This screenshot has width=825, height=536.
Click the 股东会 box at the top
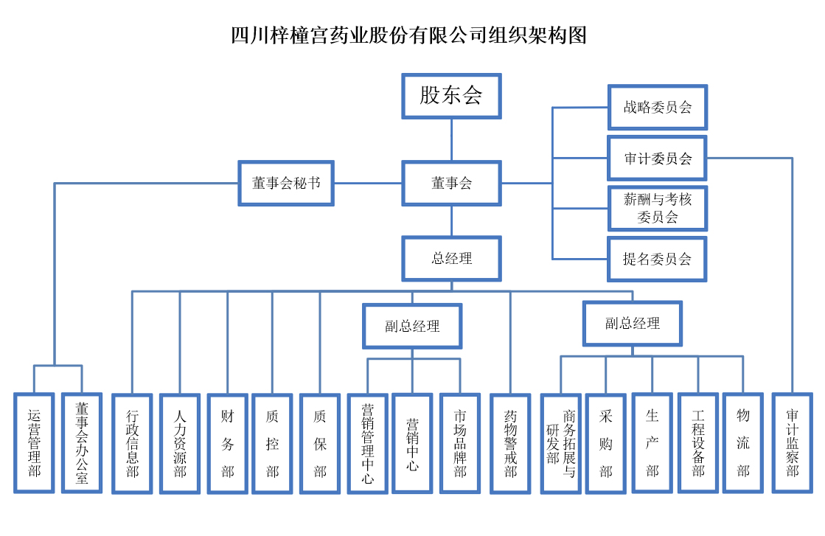[x=451, y=95]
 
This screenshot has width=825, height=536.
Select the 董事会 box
[x=451, y=183]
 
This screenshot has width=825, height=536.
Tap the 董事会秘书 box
[x=286, y=183]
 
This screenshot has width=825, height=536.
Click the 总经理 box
[x=451, y=259]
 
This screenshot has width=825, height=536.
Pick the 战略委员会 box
[x=657, y=108]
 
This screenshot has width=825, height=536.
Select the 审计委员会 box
[x=657, y=158]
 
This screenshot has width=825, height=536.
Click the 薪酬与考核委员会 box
[x=657, y=208]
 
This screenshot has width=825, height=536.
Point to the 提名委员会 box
[x=657, y=259]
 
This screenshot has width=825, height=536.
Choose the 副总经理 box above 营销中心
[x=412, y=326]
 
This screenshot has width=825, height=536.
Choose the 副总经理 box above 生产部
[x=632, y=323]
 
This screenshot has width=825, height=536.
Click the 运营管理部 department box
[x=35, y=442]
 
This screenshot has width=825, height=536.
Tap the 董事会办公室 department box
[x=81, y=442]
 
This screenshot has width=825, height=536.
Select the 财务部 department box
[x=227, y=442]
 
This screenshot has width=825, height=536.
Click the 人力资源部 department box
[x=180, y=442]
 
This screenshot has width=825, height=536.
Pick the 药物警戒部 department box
[x=510, y=442]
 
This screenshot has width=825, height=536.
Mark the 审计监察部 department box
[x=792, y=442]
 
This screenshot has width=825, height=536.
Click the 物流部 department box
[x=742, y=442]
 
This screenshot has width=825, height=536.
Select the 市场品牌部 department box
[x=460, y=442]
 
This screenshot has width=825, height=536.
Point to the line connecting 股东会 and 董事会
[x=451, y=139]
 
